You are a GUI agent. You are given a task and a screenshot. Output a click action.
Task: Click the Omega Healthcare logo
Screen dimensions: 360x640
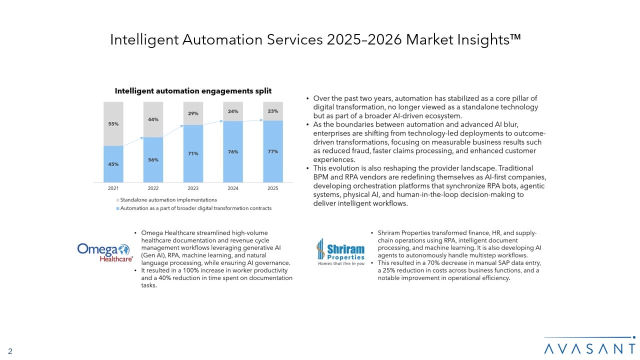[105, 252]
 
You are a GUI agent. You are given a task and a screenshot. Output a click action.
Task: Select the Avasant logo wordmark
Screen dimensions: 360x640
[589, 348]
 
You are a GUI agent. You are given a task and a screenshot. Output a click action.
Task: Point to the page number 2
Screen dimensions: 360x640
[10, 351]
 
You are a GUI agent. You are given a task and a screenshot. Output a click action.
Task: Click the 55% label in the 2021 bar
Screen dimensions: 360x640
[113, 123]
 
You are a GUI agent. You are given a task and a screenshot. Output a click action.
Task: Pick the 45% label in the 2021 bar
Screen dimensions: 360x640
[113, 164]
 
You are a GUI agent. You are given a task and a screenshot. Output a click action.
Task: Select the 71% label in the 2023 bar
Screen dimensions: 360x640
[193, 153]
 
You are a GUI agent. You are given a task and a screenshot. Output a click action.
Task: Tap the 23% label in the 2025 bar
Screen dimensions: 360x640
[272, 111]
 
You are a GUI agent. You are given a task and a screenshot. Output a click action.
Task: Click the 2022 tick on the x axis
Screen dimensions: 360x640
[153, 188]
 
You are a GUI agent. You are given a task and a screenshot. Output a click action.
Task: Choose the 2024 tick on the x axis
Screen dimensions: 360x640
[232, 188]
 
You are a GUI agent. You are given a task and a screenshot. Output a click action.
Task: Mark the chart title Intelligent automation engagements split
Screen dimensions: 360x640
[193, 91]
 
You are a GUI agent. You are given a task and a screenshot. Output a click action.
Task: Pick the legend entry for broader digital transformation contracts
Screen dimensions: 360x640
[195, 208]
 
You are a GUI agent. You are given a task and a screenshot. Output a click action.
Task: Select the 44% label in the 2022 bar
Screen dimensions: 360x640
[153, 119]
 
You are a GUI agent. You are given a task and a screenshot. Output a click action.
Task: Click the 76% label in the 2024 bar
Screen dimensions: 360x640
[232, 151]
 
